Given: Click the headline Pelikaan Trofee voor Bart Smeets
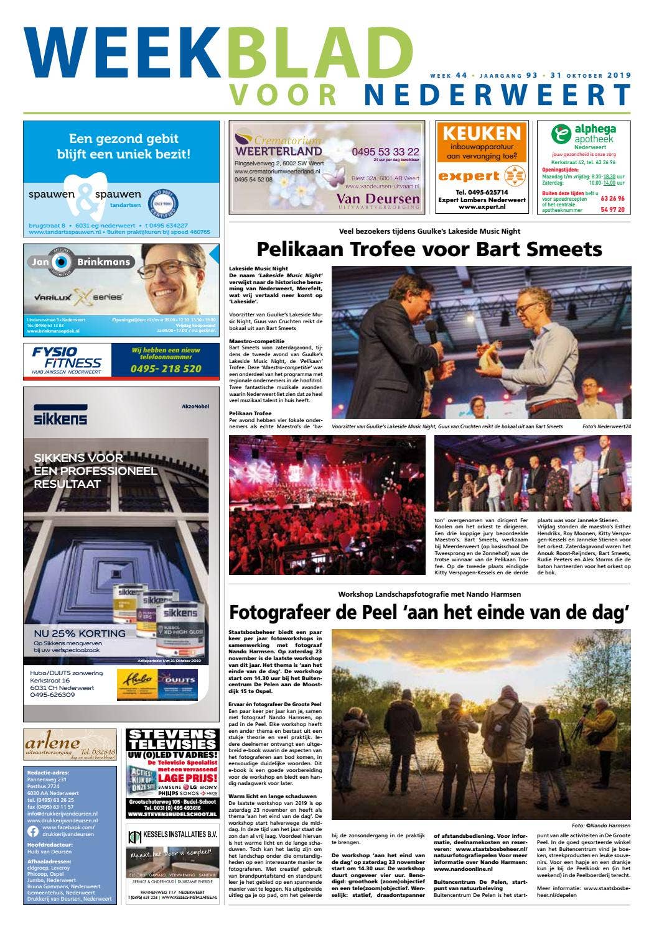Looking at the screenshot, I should coord(429,249).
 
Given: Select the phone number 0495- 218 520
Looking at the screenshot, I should coord(166,369).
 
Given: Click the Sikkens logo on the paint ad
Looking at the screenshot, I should coord(60,415).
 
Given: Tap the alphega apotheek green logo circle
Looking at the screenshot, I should coord(561,134).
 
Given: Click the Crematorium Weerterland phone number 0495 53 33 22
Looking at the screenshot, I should coord(385,152).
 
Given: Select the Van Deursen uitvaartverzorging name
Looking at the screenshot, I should coord(378,198).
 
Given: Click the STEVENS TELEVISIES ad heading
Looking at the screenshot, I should coord(172,739).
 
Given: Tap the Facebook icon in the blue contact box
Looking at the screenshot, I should coord(33,831).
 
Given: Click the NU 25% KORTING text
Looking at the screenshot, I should coord(80,633).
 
